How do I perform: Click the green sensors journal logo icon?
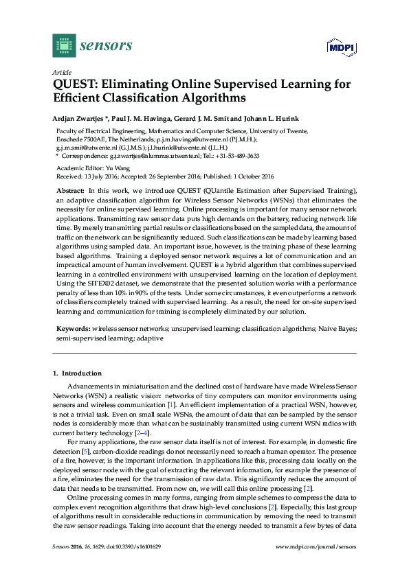[64, 45]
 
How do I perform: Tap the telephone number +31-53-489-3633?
[238, 155]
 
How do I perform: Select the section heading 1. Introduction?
[72, 373]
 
